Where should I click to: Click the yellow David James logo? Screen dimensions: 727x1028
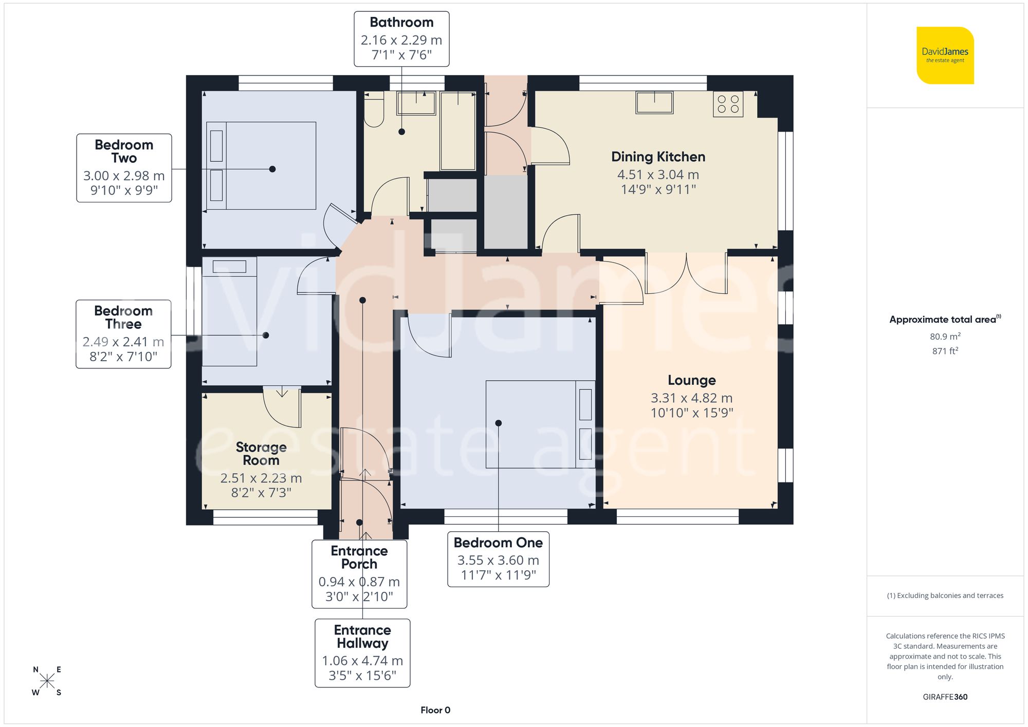[945, 55]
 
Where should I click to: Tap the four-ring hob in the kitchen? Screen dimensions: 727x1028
[728, 104]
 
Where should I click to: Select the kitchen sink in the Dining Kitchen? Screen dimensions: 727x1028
[654, 102]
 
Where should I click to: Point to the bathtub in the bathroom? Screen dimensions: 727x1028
[457, 131]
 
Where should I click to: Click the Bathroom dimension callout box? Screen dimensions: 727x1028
[401, 39]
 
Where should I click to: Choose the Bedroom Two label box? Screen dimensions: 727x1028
[124, 168]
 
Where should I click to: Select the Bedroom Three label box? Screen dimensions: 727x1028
[123, 334]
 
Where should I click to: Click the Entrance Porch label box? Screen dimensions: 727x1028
[359, 574]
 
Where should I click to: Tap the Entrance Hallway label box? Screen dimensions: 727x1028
[362, 653]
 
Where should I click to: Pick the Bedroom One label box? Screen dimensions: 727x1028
[498, 559]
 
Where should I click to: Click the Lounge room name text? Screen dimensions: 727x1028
[691, 380]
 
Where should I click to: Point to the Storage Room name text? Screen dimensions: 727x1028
[261, 454]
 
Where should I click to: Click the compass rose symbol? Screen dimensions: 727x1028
[47, 681]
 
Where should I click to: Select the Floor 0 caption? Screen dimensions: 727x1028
[435, 710]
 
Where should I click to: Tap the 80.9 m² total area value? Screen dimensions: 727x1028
[945, 337]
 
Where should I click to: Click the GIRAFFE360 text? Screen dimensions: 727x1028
[945, 697]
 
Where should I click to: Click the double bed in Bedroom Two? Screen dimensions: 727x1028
[261, 165]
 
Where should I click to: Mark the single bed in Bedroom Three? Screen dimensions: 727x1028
[229, 311]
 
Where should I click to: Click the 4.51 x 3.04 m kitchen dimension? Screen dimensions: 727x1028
[658, 175]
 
